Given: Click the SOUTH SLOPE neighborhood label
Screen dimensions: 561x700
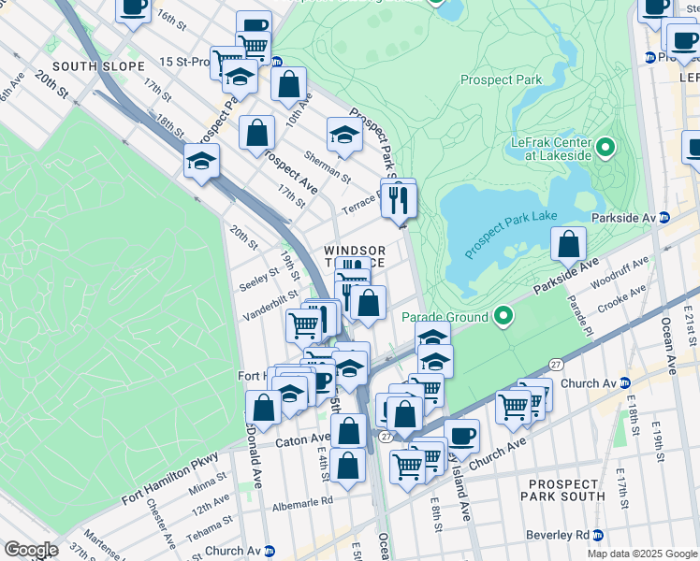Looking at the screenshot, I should (98, 66).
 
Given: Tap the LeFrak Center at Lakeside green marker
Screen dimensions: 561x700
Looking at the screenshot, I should (605, 148).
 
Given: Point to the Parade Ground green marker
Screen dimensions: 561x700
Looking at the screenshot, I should (504, 317).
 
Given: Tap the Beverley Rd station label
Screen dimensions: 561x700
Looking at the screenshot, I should (562, 534).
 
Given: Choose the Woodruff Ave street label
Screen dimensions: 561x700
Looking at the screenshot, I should (620, 272).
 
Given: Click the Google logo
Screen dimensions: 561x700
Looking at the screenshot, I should (31, 550).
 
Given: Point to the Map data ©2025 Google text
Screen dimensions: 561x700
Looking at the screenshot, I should (641, 554).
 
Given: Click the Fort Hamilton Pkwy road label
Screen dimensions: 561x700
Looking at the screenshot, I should (169, 478).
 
